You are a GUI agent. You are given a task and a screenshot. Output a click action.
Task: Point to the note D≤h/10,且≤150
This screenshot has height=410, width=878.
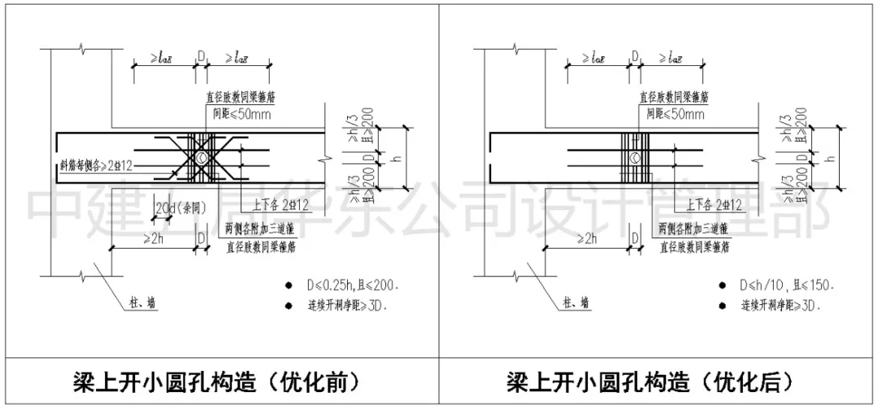pos(788,286)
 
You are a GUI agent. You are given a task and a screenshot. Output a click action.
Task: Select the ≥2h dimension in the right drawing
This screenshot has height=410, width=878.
pos(587,238)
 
